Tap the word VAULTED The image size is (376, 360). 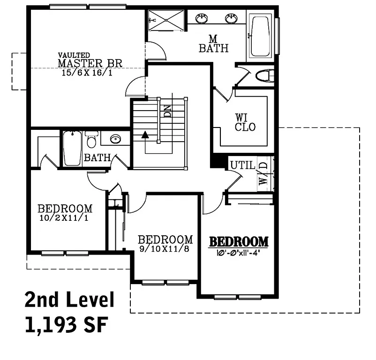point(74,55)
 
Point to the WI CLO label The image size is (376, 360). point(245,122)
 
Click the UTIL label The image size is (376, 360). point(242,165)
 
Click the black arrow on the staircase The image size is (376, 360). point(145,135)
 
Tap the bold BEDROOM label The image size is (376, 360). point(239,242)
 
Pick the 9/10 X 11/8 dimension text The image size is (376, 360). point(164,249)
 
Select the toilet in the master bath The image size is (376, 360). point(264,75)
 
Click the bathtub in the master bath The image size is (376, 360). point(260,36)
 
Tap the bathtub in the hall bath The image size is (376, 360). point(72,148)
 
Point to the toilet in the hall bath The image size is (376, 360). point(91,140)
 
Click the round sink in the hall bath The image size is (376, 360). point(115,139)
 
